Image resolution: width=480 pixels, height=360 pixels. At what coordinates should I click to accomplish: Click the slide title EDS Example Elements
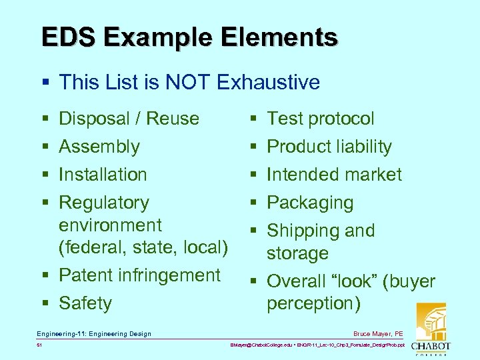pyautogui.click(x=189, y=37)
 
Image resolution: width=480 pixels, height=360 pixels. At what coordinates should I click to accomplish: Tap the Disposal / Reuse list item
pyautogui.click(x=129, y=119)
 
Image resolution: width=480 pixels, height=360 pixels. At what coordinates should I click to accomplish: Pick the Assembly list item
pyautogui.click(x=99, y=147)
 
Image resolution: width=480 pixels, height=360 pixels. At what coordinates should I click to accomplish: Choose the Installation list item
pyautogui.click(x=103, y=175)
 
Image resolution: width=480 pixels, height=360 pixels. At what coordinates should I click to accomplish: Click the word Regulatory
pyautogui.click(x=104, y=203)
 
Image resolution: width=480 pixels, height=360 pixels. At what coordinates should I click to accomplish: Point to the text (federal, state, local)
pyautogui.click(x=143, y=247)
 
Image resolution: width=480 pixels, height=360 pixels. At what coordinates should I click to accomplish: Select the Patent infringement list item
pyautogui.click(x=139, y=275)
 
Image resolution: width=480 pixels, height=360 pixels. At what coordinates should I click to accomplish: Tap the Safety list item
pyautogui.click(x=85, y=303)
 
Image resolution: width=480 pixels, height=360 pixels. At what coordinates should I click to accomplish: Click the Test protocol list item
pyautogui.click(x=320, y=119)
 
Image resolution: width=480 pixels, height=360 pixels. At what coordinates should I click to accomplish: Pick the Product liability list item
pyautogui.click(x=329, y=147)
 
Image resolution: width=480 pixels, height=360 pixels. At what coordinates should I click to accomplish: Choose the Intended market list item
pyautogui.click(x=334, y=175)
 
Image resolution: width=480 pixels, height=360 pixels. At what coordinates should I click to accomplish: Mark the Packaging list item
pyautogui.click(x=310, y=203)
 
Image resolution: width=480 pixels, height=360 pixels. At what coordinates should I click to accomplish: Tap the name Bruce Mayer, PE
pyautogui.click(x=378, y=333)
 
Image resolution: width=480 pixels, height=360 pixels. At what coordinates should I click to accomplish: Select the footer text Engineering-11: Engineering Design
pyautogui.click(x=94, y=333)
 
